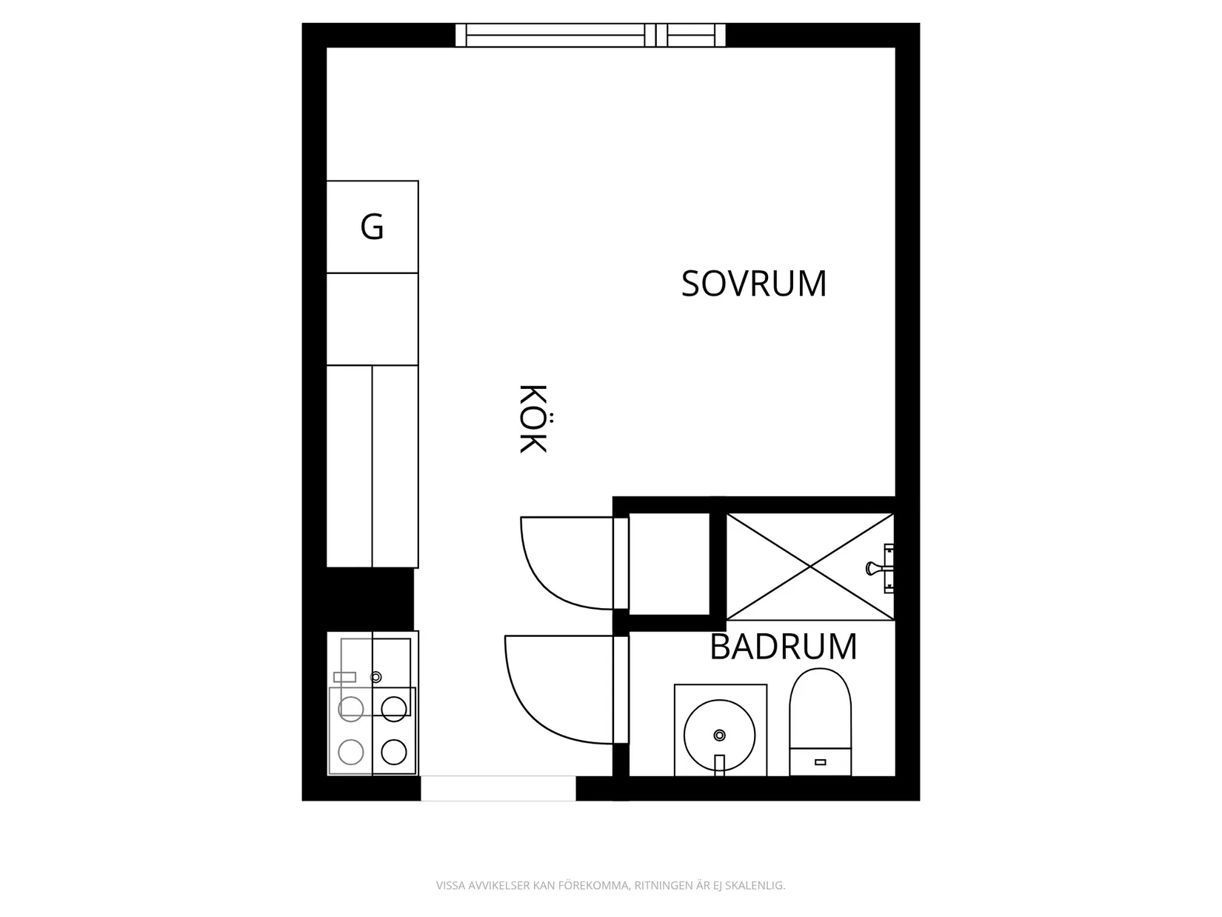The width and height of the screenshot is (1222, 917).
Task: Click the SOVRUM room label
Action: click(x=754, y=284)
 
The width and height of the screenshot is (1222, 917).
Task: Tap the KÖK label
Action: click(x=533, y=419)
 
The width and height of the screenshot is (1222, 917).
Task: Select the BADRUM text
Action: click(x=784, y=647)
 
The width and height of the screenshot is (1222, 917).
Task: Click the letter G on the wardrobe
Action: click(x=372, y=227)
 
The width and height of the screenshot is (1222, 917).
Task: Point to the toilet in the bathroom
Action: click(x=820, y=721)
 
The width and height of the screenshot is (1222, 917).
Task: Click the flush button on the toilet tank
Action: click(x=820, y=762)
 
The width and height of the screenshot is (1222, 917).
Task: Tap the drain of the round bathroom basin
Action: click(x=719, y=736)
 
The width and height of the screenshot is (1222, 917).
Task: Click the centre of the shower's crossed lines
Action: click(x=810, y=567)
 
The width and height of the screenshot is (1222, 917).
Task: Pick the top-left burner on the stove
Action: click(x=351, y=709)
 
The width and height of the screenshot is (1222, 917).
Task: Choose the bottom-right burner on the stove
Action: click(x=393, y=753)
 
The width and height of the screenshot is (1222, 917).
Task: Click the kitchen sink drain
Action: click(x=375, y=677)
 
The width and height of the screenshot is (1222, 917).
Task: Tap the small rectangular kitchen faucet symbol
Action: click(x=344, y=677)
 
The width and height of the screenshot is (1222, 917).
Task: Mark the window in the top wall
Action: click(x=591, y=35)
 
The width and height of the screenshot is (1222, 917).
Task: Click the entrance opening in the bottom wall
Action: click(x=498, y=788)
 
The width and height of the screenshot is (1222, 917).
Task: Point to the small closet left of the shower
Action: click(x=670, y=564)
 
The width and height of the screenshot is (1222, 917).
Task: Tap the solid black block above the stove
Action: click(x=370, y=599)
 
